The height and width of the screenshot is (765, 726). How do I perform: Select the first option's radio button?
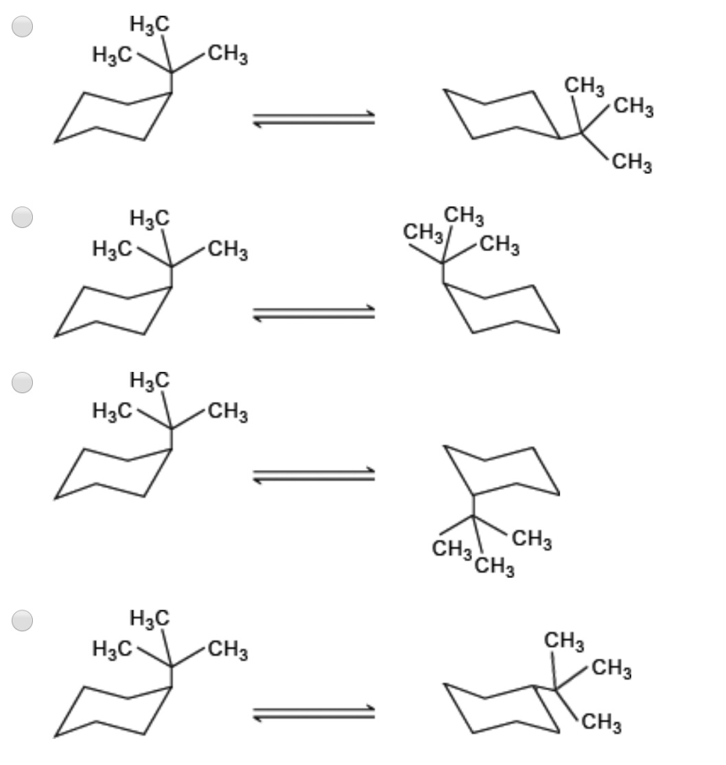point(22,26)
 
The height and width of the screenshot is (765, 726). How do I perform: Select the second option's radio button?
point(22,217)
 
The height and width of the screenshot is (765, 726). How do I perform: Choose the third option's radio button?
point(22,382)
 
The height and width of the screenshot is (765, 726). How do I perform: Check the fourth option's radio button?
point(22,621)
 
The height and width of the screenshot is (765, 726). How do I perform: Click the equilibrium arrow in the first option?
point(314,119)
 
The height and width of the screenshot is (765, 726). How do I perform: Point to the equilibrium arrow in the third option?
point(314,475)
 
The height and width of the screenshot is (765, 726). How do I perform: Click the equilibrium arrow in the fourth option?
point(314,713)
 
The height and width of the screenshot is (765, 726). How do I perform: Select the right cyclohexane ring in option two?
point(500,307)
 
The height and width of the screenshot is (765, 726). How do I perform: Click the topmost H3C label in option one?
point(149,25)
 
